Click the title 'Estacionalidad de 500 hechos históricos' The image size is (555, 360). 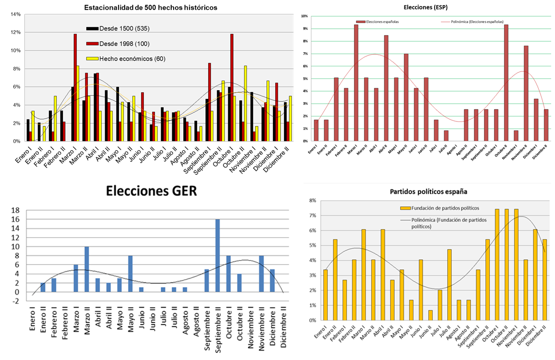click(x=150, y=8)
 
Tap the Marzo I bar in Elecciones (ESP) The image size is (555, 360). click(x=356, y=83)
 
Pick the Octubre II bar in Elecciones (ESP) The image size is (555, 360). click(x=506, y=83)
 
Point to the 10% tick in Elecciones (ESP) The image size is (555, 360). click(x=304, y=16)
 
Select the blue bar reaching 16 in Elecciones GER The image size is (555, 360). click(x=217, y=255)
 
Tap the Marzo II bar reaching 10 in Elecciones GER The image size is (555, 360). click(x=87, y=269)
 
